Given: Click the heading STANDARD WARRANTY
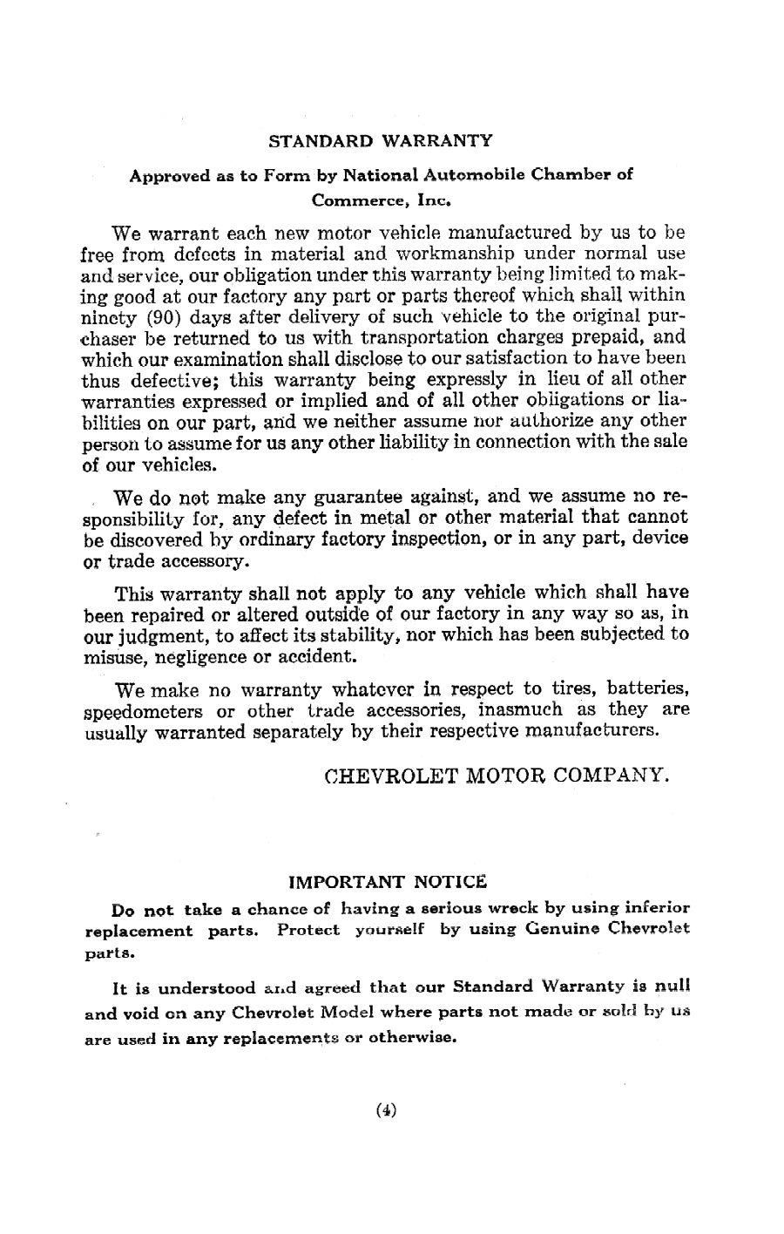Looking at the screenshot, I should pyautogui.click(x=380, y=140).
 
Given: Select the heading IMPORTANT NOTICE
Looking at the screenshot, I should pyautogui.click(x=388, y=881).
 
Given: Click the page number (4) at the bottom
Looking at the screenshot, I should pyautogui.click(x=387, y=1110).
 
